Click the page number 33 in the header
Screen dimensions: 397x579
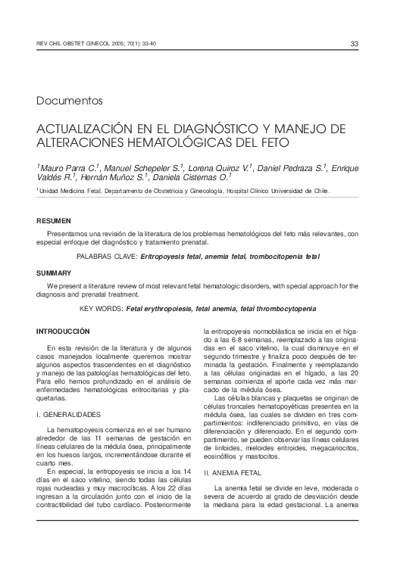pyautogui.click(x=354, y=43)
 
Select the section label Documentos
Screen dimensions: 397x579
pyautogui.click(x=69, y=101)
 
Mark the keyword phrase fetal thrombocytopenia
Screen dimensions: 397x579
pyautogui.click(x=274, y=309)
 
